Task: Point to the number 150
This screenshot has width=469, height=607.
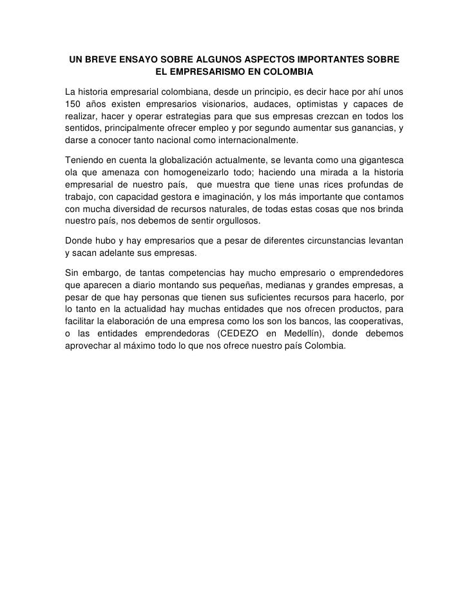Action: click(75, 104)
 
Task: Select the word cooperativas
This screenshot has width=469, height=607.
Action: click(373, 320)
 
